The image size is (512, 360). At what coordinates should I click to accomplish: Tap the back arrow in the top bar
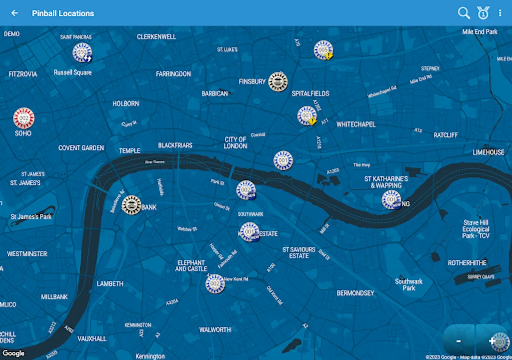pos(15,13)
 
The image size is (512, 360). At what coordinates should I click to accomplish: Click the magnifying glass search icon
pos(464,13)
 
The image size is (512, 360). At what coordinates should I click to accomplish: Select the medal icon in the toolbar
pos(483,13)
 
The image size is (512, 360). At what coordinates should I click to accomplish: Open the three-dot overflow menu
pos(500,13)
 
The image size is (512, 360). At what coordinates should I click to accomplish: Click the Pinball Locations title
pos(63,13)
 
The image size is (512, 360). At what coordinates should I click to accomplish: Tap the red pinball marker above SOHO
pos(24,118)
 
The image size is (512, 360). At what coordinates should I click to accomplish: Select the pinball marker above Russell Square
pos(82,52)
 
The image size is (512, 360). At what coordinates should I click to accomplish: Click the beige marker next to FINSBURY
pos(278,82)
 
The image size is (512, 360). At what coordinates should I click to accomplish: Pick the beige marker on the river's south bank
pos(132,205)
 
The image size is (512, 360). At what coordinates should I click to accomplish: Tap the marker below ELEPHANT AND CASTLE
pos(215,284)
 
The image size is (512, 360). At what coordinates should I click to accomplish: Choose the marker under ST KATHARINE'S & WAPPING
pos(391,200)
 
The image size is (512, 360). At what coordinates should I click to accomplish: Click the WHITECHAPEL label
pos(356,124)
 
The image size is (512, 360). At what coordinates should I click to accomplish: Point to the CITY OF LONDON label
pos(236,142)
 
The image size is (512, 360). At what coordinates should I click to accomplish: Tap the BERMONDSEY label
pos(356,293)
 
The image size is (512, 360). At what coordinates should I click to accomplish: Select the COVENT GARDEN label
pos(81,148)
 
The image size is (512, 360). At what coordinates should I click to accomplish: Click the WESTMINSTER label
pos(27,254)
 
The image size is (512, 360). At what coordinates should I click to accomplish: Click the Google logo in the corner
pos(14,353)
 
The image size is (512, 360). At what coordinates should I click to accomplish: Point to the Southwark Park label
pos(409,284)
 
